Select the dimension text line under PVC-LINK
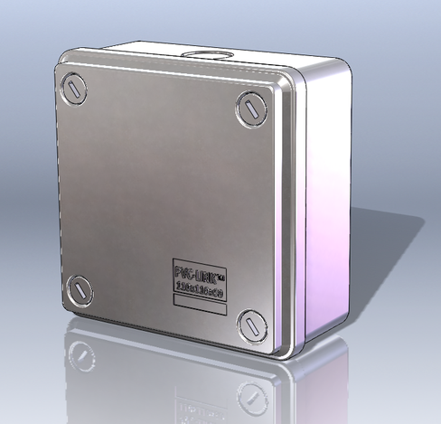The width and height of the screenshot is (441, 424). (x=199, y=289)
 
